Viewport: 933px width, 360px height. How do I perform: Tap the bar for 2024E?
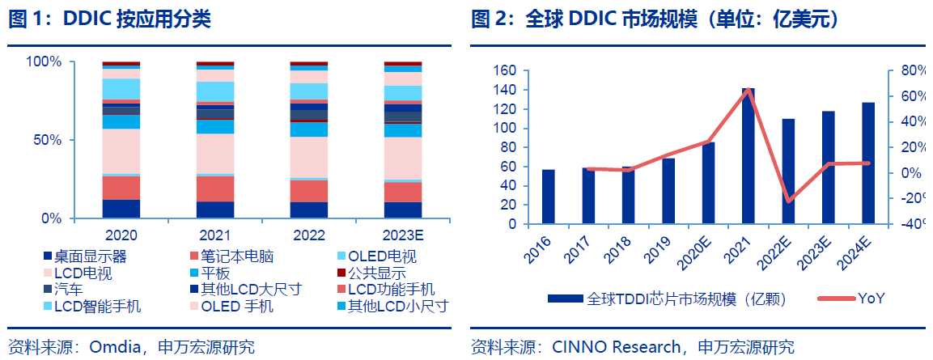[867, 163]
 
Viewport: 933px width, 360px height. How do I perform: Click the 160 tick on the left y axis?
[503, 70]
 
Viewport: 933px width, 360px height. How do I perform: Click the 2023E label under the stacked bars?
[402, 235]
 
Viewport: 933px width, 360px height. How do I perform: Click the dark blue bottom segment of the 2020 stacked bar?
[121, 209]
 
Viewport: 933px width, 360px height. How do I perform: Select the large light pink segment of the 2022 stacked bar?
[308, 157]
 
